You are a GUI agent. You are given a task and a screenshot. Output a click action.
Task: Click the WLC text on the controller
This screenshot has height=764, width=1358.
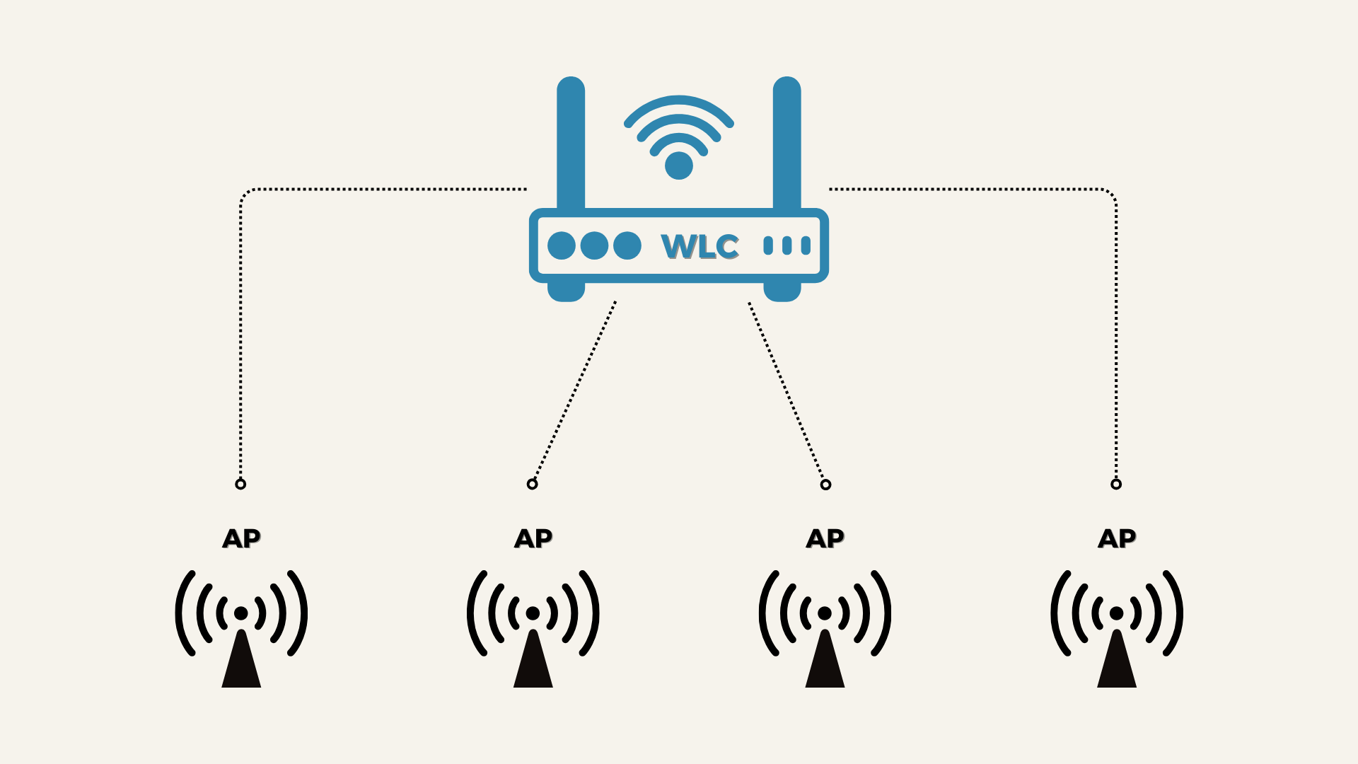click(x=700, y=246)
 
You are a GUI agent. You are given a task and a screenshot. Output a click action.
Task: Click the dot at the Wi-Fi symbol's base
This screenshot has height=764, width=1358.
click(x=679, y=166)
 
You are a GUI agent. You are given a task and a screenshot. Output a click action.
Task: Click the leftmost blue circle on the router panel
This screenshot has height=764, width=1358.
click(x=562, y=245)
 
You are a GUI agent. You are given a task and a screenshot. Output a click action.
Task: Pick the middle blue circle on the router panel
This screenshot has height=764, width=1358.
click(x=594, y=245)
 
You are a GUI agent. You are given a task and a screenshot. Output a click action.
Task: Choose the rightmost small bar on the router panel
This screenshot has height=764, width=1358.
click(x=806, y=245)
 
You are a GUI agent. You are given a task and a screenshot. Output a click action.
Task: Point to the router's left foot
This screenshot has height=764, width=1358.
click(x=566, y=291)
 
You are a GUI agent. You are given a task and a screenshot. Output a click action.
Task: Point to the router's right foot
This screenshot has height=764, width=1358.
click(x=782, y=291)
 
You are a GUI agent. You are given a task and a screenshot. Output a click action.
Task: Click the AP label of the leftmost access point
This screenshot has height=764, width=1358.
click(x=242, y=538)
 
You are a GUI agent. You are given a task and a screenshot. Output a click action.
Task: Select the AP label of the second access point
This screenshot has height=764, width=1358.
click(x=533, y=538)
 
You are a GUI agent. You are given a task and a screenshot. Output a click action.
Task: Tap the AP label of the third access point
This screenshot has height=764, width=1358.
click(x=825, y=538)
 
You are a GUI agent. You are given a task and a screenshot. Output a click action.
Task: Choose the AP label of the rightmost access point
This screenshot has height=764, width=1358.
click(x=1117, y=538)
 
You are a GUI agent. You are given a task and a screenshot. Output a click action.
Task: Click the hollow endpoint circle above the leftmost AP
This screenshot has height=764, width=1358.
click(x=240, y=484)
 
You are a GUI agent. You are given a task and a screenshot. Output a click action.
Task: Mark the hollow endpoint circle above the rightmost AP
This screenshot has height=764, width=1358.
click(x=1116, y=484)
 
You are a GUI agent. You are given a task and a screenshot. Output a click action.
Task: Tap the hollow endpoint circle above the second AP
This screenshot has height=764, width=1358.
click(x=533, y=484)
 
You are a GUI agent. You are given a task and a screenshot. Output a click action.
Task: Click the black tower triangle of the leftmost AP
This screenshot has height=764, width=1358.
click(x=241, y=661)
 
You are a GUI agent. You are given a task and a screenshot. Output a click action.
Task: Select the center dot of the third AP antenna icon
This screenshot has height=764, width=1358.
click(x=825, y=613)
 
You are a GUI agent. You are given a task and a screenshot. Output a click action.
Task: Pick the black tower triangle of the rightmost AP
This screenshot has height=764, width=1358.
click(x=1117, y=661)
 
